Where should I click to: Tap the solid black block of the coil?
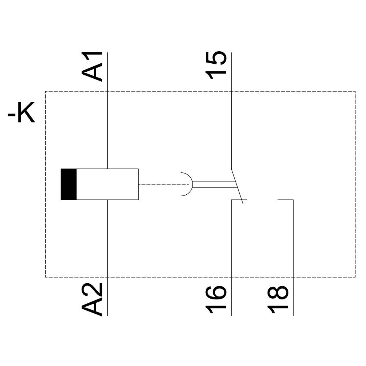(x=69, y=184)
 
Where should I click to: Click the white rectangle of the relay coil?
(x=107, y=184)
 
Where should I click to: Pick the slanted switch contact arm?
(x=237, y=185)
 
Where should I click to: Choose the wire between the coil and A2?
(x=107, y=238)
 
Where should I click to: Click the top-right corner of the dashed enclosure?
(x=355, y=91)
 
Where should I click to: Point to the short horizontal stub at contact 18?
(x=285, y=200)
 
